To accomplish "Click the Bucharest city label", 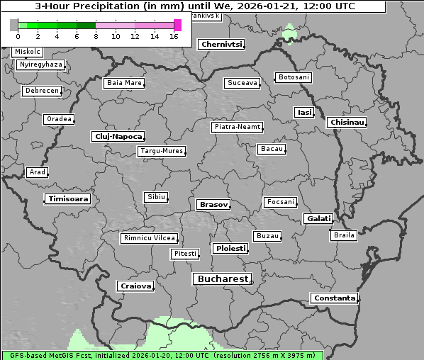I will tap(223, 279).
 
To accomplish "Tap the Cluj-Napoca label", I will tap(118, 136).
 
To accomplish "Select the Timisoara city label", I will tap(68, 199).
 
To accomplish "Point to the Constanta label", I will tap(334, 298).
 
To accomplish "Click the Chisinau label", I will tap(347, 123).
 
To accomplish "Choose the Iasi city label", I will tap(304, 112).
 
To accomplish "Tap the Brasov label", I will tap(213, 204).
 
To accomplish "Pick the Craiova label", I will tap(135, 286).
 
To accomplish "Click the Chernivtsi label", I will tap(221, 44).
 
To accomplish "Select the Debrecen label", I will tap(41, 91).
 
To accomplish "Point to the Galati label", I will tap(318, 219).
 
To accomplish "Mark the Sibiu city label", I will tap(155, 196).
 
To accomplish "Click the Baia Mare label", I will tap(124, 83).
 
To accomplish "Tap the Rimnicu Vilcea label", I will tap(149, 238).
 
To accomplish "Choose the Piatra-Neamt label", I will tap(237, 127).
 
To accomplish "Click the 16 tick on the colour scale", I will tap(174, 36).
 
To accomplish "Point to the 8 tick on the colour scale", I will tap(96, 36).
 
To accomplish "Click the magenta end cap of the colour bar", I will tap(177, 25).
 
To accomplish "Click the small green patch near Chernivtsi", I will tap(289, 33).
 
